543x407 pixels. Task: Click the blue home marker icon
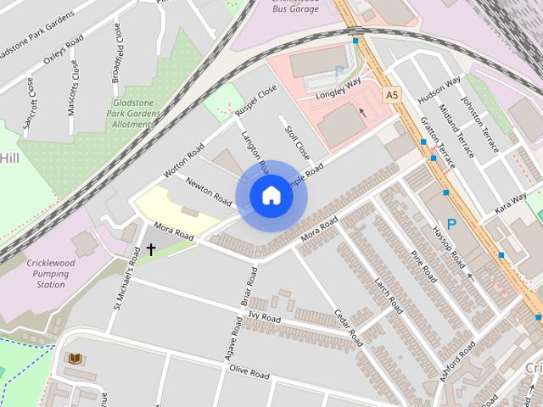click(x=271, y=196)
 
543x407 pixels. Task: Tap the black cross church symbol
click(x=151, y=249)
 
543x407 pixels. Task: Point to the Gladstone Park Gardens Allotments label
click(x=136, y=114)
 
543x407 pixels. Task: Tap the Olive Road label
click(x=249, y=372)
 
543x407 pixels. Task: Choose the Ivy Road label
click(x=264, y=316)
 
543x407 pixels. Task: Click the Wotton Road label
click(x=184, y=160)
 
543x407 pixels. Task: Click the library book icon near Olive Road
click(x=76, y=360)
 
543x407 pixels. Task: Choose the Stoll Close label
click(x=298, y=145)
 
